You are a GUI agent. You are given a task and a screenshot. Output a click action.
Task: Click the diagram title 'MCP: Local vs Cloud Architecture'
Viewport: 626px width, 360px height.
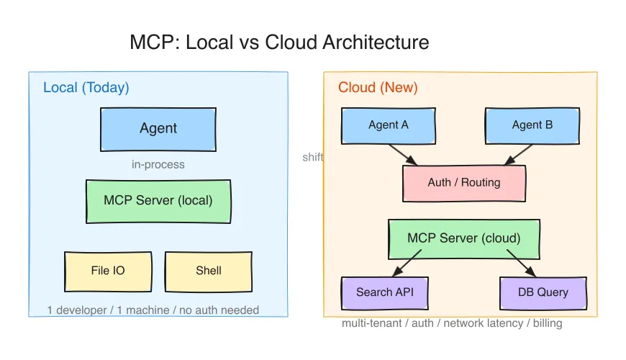279,42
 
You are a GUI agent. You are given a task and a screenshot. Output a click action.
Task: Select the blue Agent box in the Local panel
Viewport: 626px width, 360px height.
158,129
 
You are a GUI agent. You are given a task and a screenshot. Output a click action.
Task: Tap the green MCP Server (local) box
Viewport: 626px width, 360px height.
158,202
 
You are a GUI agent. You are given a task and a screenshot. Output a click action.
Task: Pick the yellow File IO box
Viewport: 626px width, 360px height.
108,271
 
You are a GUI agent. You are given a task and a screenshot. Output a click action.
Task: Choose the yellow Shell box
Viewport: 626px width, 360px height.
209,271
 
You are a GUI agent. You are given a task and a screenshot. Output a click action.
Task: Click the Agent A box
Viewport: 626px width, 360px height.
389,125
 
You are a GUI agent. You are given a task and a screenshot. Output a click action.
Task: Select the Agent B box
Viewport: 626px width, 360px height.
532,125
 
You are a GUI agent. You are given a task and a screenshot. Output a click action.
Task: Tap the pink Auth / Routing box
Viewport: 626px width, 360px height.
464,184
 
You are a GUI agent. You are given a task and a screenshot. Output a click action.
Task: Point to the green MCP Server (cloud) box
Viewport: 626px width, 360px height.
464,239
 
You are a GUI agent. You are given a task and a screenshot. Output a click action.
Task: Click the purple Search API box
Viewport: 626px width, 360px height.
385,293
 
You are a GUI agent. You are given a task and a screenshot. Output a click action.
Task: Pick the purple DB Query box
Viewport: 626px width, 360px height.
543,293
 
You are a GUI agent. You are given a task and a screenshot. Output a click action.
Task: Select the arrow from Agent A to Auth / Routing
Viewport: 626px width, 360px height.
403,155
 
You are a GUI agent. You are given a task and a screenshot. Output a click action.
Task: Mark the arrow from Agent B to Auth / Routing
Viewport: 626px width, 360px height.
518,155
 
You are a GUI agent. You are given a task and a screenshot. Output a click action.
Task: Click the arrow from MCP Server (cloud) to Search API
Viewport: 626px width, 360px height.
407,264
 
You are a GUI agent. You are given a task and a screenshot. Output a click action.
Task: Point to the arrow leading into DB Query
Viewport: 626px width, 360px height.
522,264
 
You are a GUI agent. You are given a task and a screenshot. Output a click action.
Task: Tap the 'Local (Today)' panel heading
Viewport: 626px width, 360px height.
86,88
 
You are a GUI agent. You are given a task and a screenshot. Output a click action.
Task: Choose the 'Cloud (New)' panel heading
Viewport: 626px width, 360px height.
378,88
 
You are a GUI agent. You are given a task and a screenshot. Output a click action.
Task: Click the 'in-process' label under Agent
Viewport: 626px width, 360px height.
158,165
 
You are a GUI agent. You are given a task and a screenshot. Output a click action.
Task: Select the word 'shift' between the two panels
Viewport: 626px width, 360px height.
313,157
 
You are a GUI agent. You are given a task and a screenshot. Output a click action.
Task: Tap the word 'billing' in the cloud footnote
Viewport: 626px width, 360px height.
548,323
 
